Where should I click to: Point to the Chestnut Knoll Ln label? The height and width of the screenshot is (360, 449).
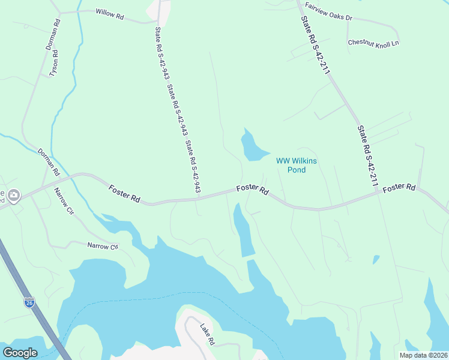point(373,43)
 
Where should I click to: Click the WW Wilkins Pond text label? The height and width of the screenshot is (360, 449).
point(296,165)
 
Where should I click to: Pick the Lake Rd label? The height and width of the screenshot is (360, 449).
point(207,334)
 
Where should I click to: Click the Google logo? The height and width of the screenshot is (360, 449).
point(20,353)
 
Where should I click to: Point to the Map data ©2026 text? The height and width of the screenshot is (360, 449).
point(423,355)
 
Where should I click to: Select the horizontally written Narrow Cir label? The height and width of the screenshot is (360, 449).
point(103,246)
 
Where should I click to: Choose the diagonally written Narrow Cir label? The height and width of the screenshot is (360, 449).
point(63,202)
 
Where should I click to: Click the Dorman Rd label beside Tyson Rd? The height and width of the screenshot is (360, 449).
point(54,34)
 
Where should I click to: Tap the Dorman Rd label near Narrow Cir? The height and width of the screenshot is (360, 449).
point(49,162)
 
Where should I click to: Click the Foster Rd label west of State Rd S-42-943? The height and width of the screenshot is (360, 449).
point(124,194)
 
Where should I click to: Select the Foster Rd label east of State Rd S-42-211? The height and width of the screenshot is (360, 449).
point(399,188)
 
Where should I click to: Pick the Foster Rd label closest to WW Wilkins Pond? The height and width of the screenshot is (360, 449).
point(252,189)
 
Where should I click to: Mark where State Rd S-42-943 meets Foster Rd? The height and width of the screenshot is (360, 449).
point(199,197)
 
